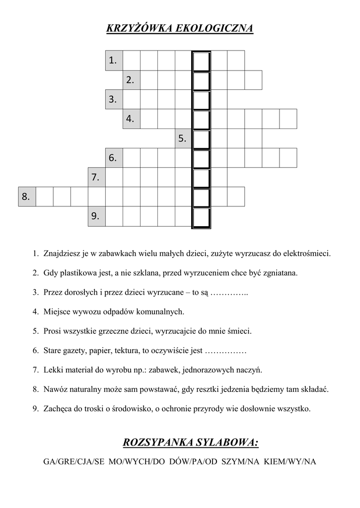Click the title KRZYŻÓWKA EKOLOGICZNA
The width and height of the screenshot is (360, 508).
pos(180,28)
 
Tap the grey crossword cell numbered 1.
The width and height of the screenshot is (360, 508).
pos(114,60)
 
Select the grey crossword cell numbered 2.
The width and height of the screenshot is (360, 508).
pos(132,80)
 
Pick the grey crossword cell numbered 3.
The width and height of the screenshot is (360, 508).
pos(114,99)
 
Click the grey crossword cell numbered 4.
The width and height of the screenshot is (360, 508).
pos(132,119)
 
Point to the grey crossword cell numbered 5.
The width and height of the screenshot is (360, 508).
pos(183,138)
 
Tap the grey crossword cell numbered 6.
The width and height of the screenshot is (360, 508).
pos(114,158)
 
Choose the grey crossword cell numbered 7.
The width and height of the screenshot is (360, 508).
pos(96,177)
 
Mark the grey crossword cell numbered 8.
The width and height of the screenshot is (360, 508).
pos(27,196)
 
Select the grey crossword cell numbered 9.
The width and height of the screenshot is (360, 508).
pos(96,216)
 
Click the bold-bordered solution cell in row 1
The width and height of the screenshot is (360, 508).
pos(201,60)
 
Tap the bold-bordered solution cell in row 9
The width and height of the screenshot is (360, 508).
pos(201,217)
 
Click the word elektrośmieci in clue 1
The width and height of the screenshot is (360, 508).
pos(307,254)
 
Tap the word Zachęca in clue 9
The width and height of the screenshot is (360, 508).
pos(57,409)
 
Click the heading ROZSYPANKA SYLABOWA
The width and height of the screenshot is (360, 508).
pos(190,442)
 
